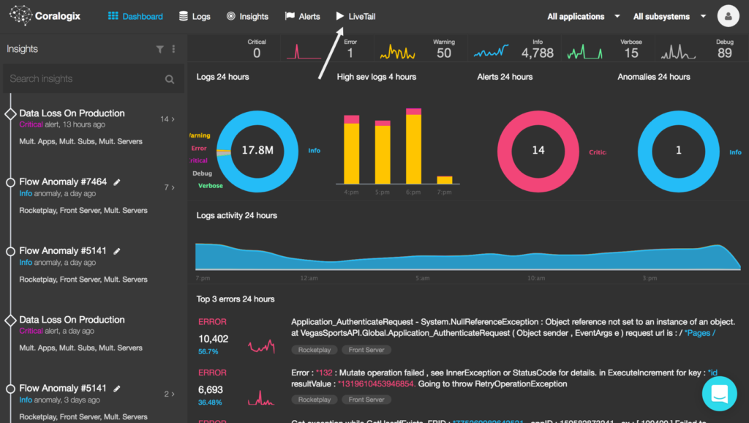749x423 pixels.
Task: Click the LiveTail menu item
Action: point(355,16)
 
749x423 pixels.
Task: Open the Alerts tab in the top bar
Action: point(302,16)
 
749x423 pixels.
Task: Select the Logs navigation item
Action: point(195,16)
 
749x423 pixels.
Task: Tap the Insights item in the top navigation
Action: point(247,16)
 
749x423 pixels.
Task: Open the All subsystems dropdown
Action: point(669,16)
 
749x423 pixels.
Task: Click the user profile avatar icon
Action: point(728,15)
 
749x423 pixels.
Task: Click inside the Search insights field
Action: point(84,79)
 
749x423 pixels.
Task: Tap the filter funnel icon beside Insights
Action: point(159,49)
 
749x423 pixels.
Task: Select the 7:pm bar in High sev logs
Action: point(444,180)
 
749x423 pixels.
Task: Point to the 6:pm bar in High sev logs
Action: point(413,146)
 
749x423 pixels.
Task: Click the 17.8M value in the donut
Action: point(257,150)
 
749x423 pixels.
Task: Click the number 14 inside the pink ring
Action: point(538,150)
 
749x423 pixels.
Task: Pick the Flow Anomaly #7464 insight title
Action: point(63,182)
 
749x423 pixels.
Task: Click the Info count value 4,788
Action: point(538,53)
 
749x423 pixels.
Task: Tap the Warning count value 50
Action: point(444,53)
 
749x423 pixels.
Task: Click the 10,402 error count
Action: point(214,339)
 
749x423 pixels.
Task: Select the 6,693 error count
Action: point(211,390)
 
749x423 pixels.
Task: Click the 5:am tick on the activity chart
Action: point(422,278)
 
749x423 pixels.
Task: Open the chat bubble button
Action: point(720,393)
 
